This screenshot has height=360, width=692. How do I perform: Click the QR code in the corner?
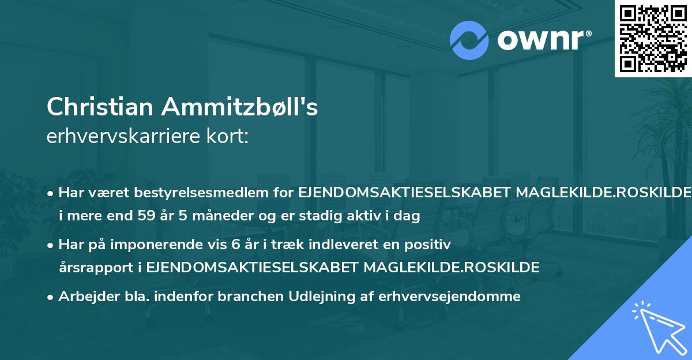point(653,38)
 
